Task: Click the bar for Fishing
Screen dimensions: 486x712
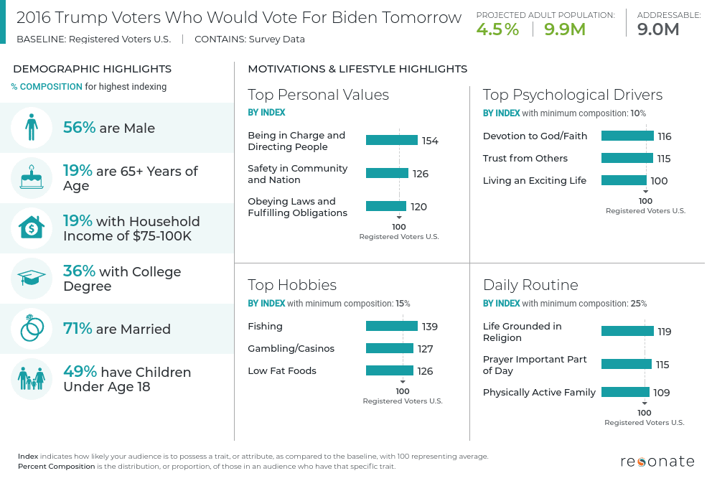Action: pyautogui.click(x=391, y=326)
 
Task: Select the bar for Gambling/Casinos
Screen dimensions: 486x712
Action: pyautogui.click(x=389, y=348)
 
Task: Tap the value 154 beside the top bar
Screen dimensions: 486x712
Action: pyautogui.click(x=430, y=141)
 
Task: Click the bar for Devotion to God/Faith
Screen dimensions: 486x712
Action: pyautogui.click(x=627, y=136)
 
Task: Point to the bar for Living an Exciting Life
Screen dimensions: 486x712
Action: pyautogui.click(x=624, y=180)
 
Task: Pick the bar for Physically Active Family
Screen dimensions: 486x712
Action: pyautogui.click(x=625, y=392)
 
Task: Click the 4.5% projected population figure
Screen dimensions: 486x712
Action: pyautogui.click(x=497, y=29)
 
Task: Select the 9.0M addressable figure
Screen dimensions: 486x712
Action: pyautogui.click(x=658, y=29)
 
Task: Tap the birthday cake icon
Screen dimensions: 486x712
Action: pyautogui.click(x=31, y=178)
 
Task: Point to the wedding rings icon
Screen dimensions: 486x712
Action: pyautogui.click(x=31, y=329)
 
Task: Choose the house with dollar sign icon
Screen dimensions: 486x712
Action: pyautogui.click(x=31, y=228)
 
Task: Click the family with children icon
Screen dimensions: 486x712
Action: pyautogui.click(x=31, y=379)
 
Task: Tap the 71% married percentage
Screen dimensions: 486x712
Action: pyautogui.click(x=78, y=329)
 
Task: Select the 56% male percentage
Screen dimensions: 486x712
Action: pyautogui.click(x=79, y=128)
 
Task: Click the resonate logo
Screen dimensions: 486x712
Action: pyautogui.click(x=657, y=462)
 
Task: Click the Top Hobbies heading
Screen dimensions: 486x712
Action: pyautogui.click(x=292, y=285)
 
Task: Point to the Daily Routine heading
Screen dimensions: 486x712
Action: pyautogui.click(x=530, y=285)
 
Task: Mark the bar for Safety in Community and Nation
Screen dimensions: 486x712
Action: pyautogui.click(x=387, y=173)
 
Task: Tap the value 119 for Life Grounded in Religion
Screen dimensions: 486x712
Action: pyautogui.click(x=664, y=332)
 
